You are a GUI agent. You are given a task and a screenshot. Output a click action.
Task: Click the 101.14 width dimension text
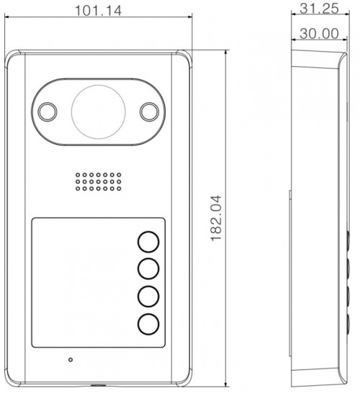(98, 11)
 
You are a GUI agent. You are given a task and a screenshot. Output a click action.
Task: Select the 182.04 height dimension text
(216, 218)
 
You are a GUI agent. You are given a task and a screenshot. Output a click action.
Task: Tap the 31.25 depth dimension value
(319, 8)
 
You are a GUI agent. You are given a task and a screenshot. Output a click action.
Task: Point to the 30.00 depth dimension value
(319, 34)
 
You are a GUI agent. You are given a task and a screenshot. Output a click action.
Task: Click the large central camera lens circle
(98, 112)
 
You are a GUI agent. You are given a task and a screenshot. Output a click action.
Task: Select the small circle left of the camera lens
(48, 112)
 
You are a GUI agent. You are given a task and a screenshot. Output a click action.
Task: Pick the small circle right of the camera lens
(149, 112)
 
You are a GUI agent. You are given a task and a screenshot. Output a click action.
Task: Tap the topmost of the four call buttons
(148, 242)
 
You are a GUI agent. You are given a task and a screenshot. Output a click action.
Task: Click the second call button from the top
(148, 269)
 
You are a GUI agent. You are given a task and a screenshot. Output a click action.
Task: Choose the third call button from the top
(148, 297)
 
